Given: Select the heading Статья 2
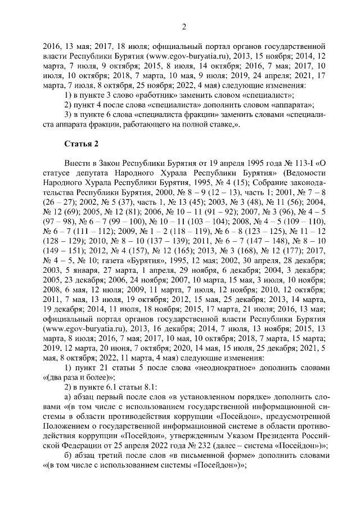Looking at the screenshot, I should tap(81, 145).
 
